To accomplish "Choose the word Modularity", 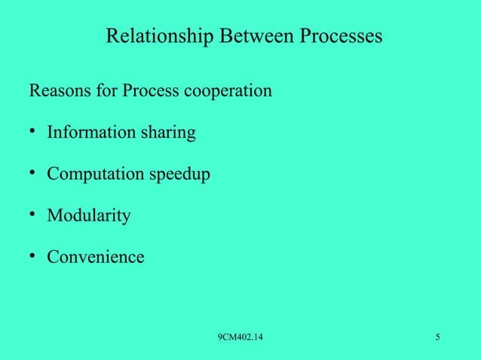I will click(x=89, y=217).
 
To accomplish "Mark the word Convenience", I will click(x=96, y=258).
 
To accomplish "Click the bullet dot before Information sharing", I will click(x=34, y=133).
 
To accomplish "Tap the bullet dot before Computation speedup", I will click(x=34, y=174).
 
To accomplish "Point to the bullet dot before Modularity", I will click(x=34, y=215).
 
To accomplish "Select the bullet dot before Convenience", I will click(x=34, y=256).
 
